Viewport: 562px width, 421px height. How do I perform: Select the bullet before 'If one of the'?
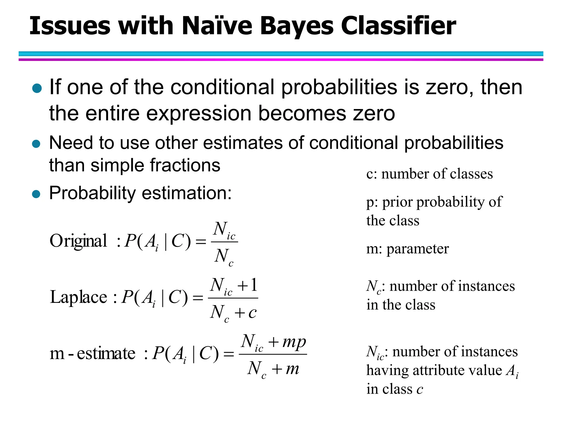pyautogui.click(x=37, y=88)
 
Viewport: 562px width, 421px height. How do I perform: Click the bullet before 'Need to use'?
pyautogui.click(x=36, y=144)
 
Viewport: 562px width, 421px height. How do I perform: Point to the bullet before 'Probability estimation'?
pyautogui.click(x=36, y=194)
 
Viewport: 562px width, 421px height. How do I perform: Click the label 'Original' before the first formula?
pyautogui.click(x=78, y=241)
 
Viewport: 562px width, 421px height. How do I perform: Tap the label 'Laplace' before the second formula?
pyautogui.click(x=78, y=297)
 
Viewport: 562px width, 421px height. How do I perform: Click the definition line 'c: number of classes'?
pyautogui.click(x=429, y=174)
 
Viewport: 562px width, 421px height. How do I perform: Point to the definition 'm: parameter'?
pyautogui.click(x=408, y=249)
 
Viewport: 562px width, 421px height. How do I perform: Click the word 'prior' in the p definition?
pyautogui.click(x=397, y=202)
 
